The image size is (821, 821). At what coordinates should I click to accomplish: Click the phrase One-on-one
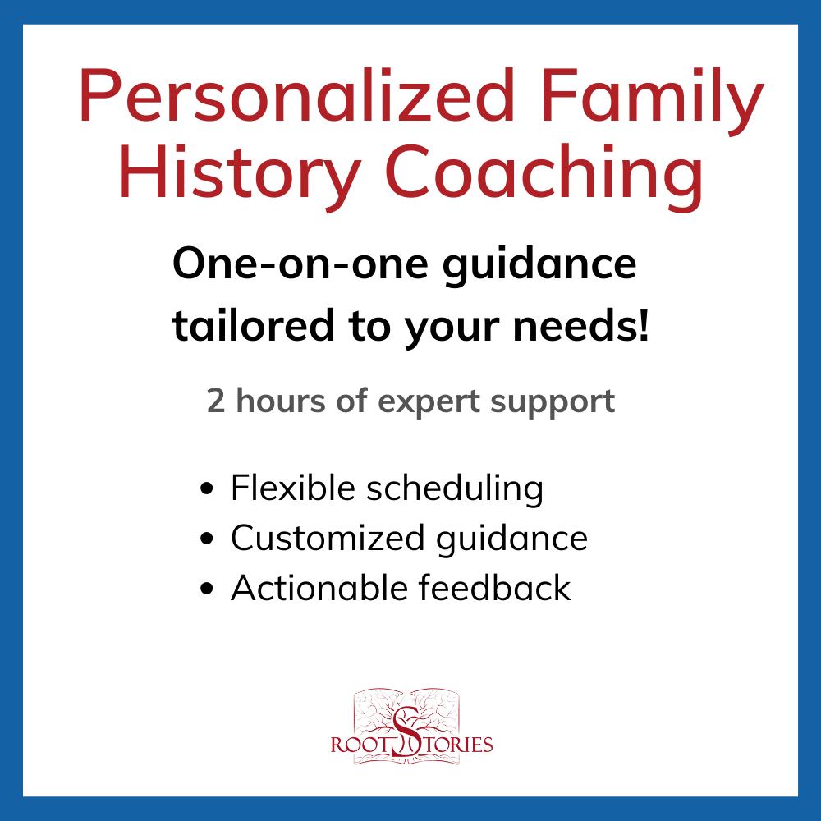click(300, 264)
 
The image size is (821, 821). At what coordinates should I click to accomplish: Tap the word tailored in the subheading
click(253, 326)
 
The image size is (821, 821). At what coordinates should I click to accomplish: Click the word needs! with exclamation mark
click(580, 326)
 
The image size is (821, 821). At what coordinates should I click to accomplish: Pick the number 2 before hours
click(216, 401)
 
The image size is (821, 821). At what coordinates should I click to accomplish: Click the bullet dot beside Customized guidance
click(208, 539)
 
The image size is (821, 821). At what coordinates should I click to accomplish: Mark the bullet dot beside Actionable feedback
click(208, 588)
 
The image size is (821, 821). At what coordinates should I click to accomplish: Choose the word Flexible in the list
click(293, 488)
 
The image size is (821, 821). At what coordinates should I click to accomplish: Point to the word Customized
click(328, 539)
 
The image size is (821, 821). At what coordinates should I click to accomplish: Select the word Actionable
click(319, 588)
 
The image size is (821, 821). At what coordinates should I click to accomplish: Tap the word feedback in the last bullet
click(495, 588)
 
